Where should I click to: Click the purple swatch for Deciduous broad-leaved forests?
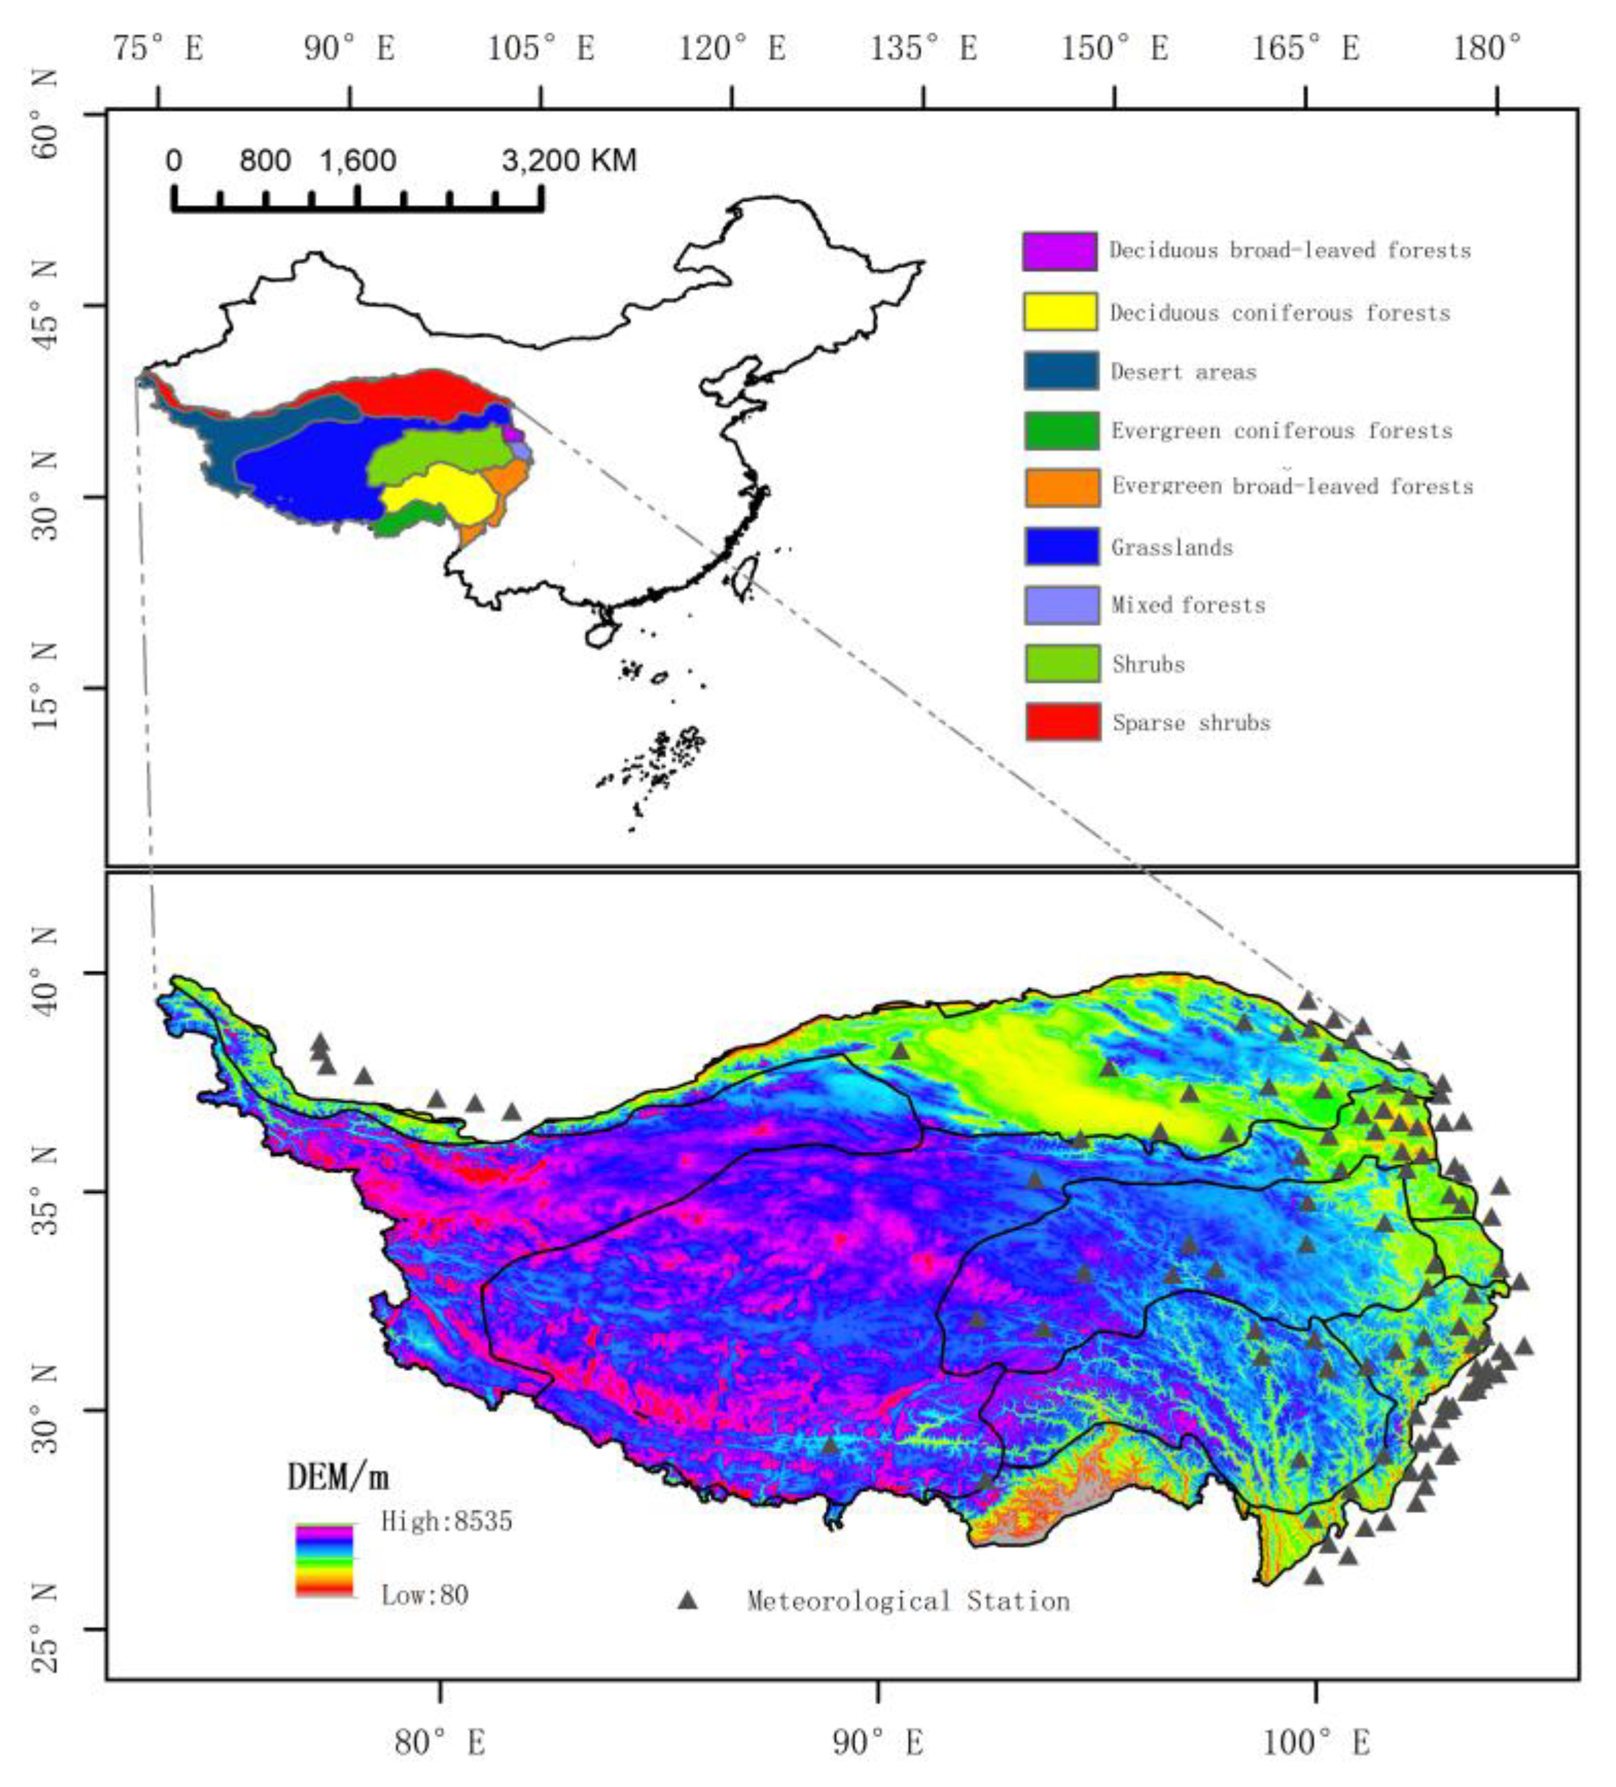(x=1059, y=252)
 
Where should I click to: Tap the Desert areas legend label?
(x=1183, y=372)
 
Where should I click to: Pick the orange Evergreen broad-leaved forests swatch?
(x=1062, y=487)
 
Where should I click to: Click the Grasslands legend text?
(x=1171, y=547)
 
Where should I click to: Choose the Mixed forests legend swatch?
(x=1062, y=605)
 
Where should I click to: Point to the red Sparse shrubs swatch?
(x=1062, y=722)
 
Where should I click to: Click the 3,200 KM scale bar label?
(x=568, y=160)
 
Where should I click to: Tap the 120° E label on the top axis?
(x=732, y=48)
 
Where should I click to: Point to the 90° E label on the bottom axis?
(x=878, y=1742)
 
